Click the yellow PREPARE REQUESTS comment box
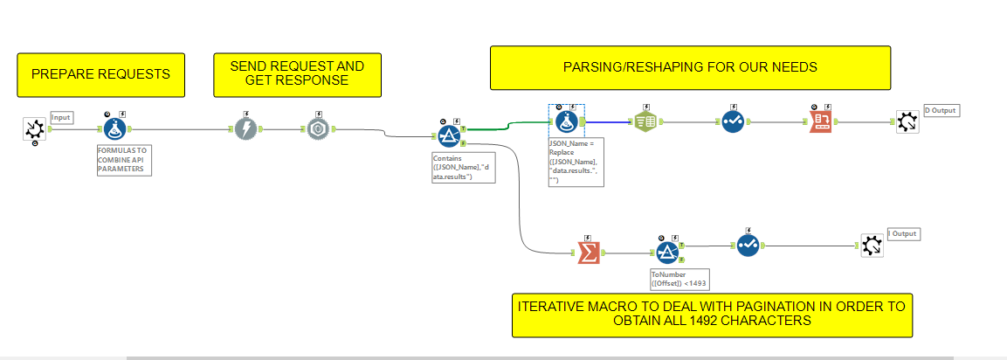pyautogui.click(x=100, y=74)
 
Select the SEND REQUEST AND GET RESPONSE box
pyautogui.click(x=297, y=74)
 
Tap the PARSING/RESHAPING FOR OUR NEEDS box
pyautogui.click(x=690, y=67)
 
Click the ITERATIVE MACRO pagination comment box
pyautogui.click(x=712, y=314)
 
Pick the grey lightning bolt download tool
pyautogui.click(x=246, y=129)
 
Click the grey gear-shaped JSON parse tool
pyautogui.click(x=318, y=129)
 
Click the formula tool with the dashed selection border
pyautogui.click(x=566, y=121)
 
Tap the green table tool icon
pyautogui.click(x=647, y=122)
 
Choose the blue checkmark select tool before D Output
pyautogui.click(x=733, y=122)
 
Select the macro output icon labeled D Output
pyautogui.click(x=907, y=122)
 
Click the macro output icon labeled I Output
pyautogui.click(x=871, y=246)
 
